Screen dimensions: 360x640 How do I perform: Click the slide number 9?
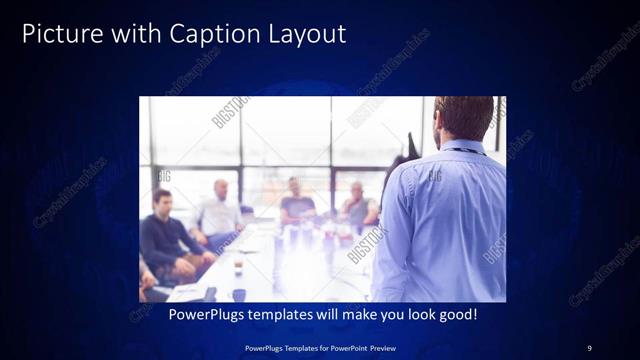click(590, 347)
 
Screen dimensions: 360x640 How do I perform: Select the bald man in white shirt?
click(219, 210)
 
